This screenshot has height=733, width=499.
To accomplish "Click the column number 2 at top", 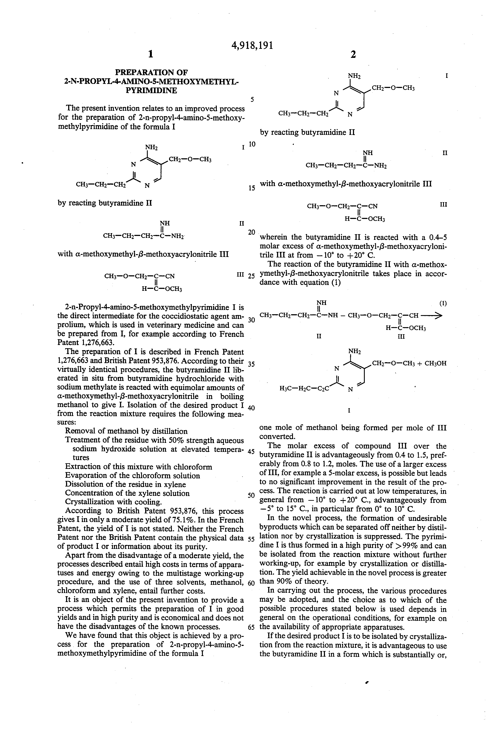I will coord(353,55).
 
